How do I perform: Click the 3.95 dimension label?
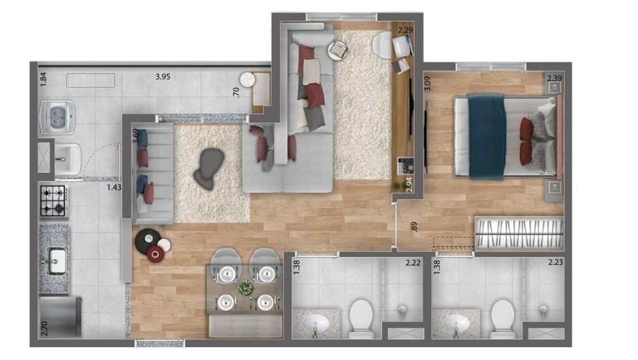coord(162,77)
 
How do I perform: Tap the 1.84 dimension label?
coord(44,78)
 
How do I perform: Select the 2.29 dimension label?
coord(405,30)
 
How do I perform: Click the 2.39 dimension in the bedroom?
coord(555,79)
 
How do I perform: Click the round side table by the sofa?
coord(337,50)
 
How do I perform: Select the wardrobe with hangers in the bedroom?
coord(519,233)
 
